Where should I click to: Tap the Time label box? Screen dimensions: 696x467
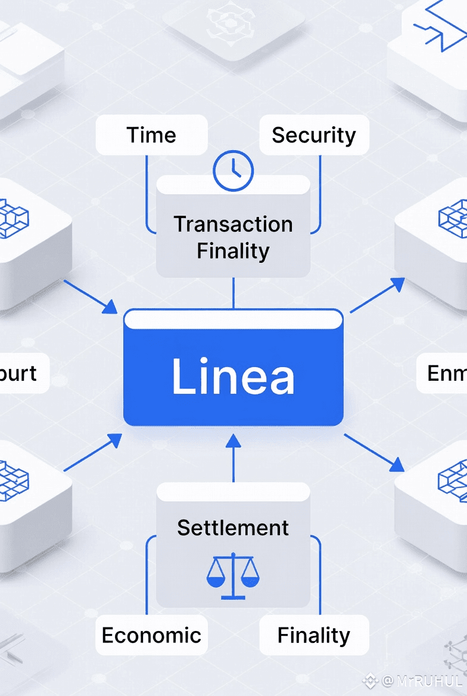(x=151, y=135)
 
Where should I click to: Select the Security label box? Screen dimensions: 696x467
(x=314, y=135)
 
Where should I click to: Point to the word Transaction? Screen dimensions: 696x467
(x=233, y=224)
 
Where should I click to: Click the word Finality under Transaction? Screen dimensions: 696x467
(x=233, y=251)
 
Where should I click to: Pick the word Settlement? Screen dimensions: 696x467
(x=233, y=527)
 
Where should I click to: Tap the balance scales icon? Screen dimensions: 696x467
(x=233, y=575)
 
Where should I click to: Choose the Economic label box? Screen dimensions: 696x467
(x=151, y=635)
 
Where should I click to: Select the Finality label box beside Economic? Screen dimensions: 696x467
(x=314, y=635)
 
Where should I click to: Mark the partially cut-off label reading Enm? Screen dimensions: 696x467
(x=444, y=374)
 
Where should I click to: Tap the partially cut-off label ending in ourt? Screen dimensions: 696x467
(x=21, y=374)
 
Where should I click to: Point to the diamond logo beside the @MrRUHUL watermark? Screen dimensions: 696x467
(x=371, y=681)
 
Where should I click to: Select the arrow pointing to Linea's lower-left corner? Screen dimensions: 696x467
(x=92, y=453)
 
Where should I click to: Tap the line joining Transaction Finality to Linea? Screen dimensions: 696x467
(x=233, y=293)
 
